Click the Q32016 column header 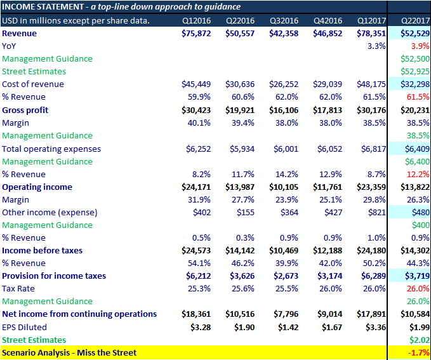[284, 20]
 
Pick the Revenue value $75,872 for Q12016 [196, 33]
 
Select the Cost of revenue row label [33, 84]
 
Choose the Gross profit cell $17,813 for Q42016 [328, 110]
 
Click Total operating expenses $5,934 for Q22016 [240, 149]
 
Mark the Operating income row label [37, 187]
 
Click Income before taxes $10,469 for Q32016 [284, 251]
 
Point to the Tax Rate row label [20, 289]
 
